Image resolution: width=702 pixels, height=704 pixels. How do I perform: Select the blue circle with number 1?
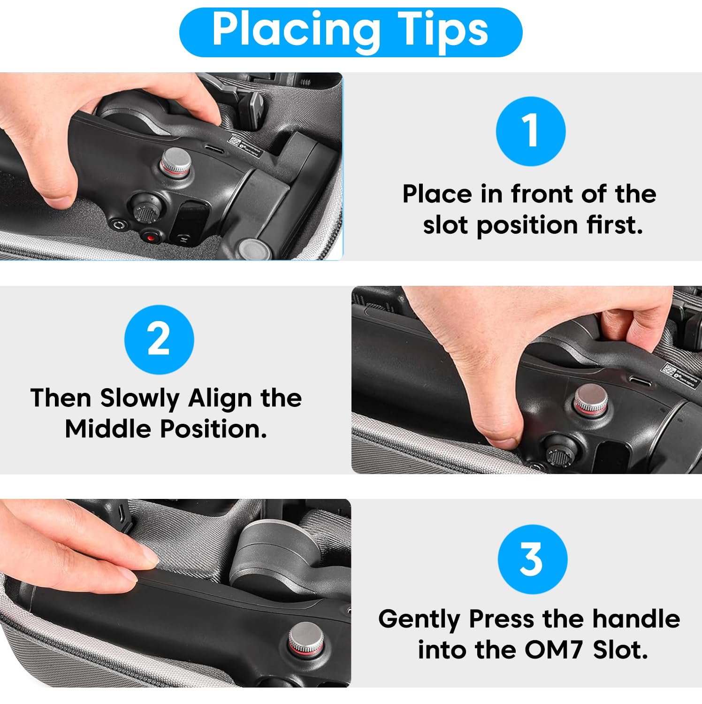531,131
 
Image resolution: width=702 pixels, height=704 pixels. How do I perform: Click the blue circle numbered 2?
159,339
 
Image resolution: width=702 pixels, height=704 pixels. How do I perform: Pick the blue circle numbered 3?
533,559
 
